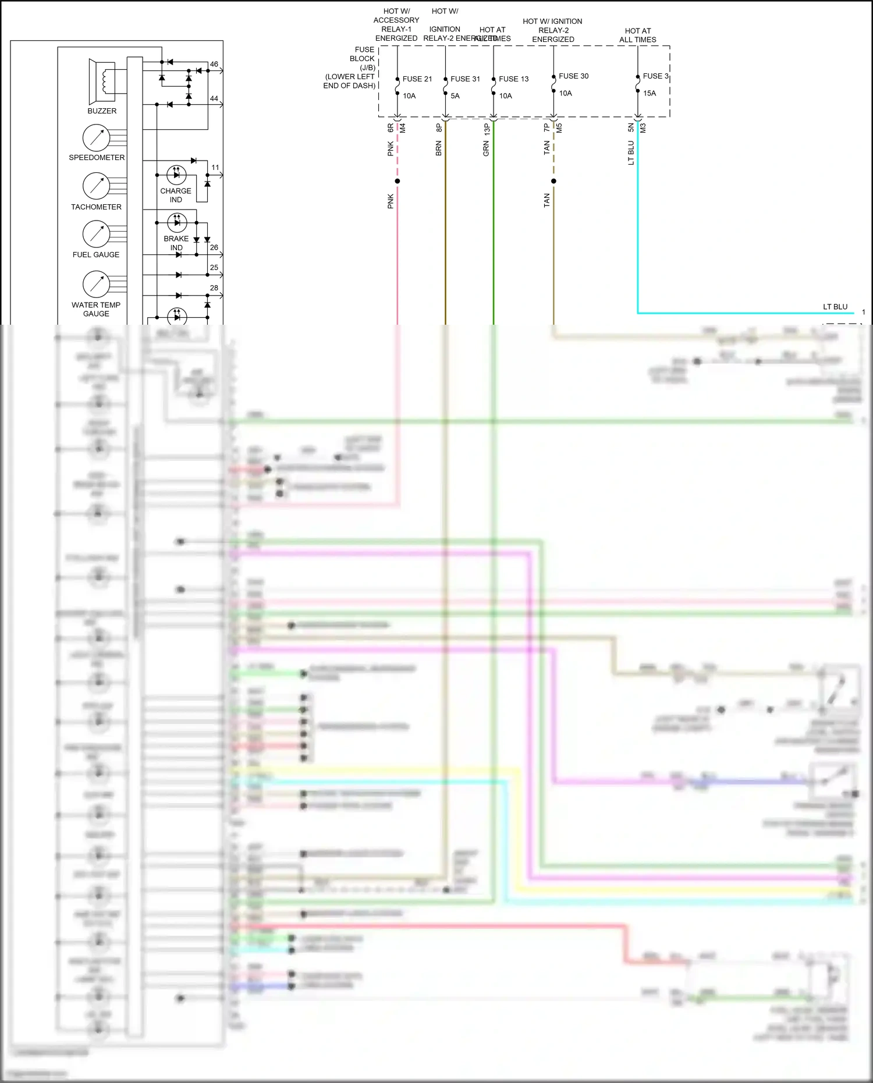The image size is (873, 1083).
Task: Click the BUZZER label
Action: [x=102, y=111]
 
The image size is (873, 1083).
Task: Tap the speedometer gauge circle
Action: [x=97, y=138]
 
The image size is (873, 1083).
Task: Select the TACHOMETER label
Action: [x=96, y=207]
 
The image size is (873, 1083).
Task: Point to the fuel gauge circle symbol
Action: [x=97, y=234]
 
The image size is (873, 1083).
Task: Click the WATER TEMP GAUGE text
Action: [x=96, y=309]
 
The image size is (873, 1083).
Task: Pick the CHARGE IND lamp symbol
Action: [x=176, y=174]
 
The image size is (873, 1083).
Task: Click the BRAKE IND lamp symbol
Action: [x=177, y=222]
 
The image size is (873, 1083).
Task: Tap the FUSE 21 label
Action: [x=417, y=79]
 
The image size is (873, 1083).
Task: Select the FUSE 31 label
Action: [x=465, y=79]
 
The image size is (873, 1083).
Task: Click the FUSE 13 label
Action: [x=513, y=79]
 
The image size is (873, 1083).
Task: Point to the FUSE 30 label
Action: [x=573, y=76]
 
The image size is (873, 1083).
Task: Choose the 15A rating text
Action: [x=649, y=93]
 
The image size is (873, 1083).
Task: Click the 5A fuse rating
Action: [x=455, y=96]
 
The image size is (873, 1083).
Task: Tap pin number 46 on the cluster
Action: [x=214, y=64]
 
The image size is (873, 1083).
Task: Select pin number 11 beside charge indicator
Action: [x=215, y=168]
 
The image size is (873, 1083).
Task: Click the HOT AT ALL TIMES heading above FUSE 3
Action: [x=638, y=35]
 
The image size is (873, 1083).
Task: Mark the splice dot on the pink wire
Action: [x=398, y=181]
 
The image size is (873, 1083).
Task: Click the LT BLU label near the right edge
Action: [x=835, y=307]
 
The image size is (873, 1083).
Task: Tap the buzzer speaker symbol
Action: [x=102, y=81]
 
